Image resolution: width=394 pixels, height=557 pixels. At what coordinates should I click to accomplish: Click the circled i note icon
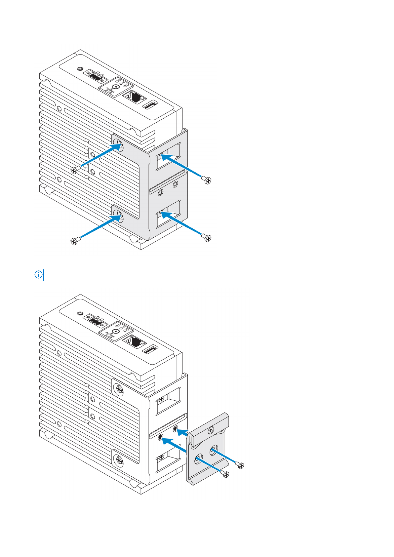click(x=39, y=275)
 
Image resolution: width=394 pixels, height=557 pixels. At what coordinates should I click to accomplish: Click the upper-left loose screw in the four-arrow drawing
click(x=74, y=170)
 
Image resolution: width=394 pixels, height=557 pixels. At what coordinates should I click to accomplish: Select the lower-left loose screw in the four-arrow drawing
click(x=74, y=241)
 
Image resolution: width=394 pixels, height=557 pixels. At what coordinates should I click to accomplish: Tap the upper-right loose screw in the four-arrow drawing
click(x=207, y=180)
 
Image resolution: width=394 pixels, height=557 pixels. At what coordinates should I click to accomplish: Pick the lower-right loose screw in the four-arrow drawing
click(x=207, y=238)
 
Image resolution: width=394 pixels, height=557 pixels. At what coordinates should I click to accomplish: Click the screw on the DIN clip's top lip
click(x=211, y=430)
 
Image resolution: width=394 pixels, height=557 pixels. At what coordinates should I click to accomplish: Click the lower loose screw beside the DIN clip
click(x=225, y=474)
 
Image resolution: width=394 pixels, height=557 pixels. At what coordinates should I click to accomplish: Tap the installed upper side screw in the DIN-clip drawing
click(x=118, y=389)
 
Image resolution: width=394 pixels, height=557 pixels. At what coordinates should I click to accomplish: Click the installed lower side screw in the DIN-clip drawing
click(x=118, y=459)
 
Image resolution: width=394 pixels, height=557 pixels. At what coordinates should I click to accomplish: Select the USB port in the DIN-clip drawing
click(x=151, y=350)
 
